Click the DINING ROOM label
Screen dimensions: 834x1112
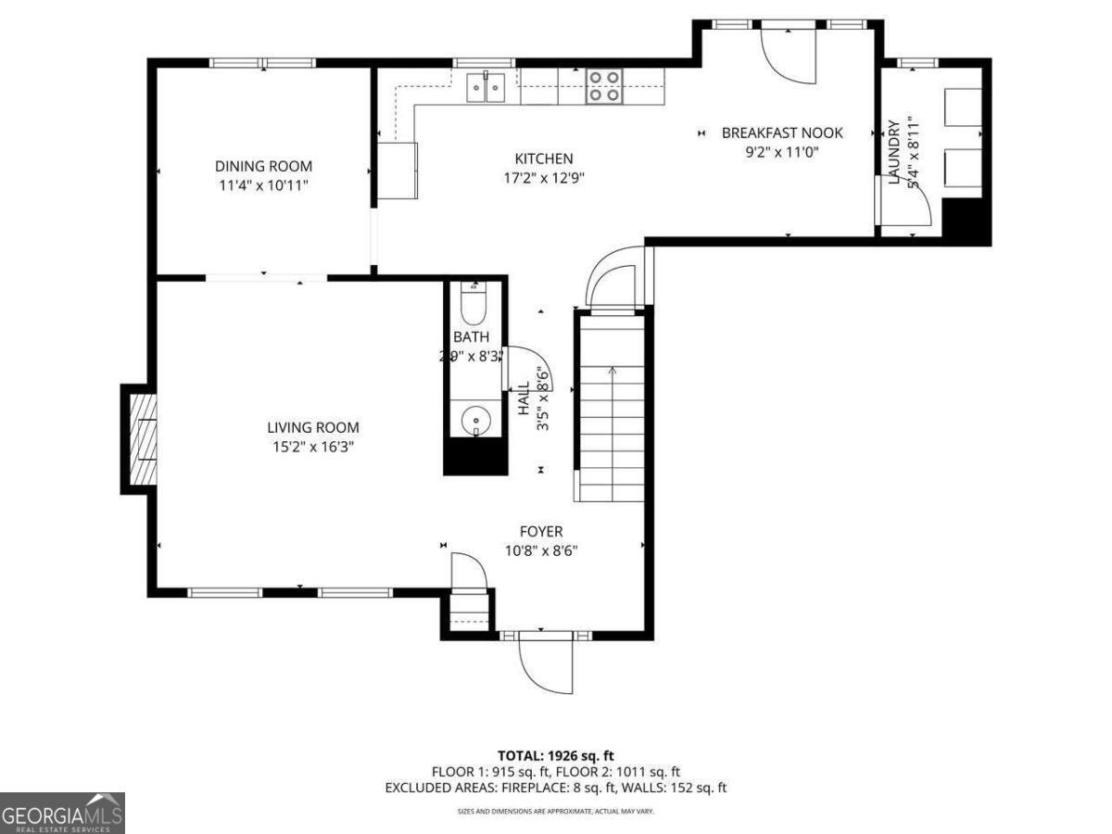263,167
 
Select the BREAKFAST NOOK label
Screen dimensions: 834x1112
782,133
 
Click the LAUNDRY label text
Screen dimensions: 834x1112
894,153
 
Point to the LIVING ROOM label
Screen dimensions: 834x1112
312,428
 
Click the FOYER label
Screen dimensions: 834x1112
540,532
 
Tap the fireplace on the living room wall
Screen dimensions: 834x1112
142,439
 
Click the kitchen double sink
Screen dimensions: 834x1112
486,87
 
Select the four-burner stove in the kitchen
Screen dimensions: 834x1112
603,86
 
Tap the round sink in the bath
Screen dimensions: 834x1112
475,420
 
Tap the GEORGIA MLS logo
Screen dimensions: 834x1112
62,813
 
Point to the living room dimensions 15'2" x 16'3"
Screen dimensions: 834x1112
312,447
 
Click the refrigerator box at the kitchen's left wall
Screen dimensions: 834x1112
398,171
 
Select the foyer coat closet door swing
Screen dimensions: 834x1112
468,571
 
